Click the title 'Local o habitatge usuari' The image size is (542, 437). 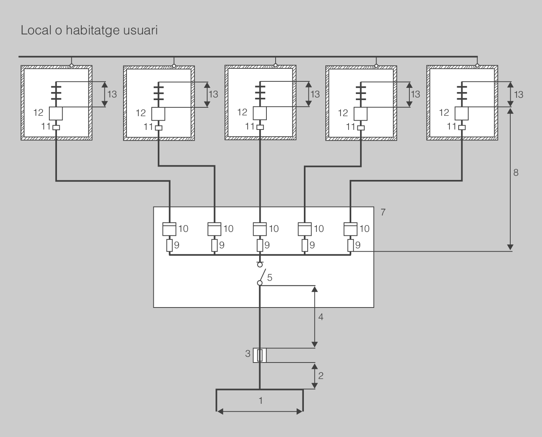tap(89, 31)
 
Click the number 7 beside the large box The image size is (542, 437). tap(383, 212)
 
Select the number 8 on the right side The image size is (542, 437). tap(516, 173)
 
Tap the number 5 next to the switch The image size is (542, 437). tap(269, 278)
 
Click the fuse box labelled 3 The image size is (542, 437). tap(260, 355)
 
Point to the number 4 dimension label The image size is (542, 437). tap(321, 317)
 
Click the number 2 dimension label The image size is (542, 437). tap(321, 375)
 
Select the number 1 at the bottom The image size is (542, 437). tap(261, 401)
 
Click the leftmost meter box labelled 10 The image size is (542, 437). tap(170, 229)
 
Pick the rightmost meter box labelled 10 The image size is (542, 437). tap(351, 229)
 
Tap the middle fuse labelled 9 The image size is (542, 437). tap(260, 246)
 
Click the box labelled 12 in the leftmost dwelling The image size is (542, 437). tap(56, 113)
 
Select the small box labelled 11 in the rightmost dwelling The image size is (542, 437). tap(462, 128)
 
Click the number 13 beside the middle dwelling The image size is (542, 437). tap(315, 94)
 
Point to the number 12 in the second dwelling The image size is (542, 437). tap(141, 113)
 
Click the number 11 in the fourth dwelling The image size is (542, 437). tap(351, 126)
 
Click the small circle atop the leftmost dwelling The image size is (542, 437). tap(71, 66)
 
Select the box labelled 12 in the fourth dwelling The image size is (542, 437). tap(360, 113)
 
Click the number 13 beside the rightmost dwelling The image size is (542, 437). tap(518, 94)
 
